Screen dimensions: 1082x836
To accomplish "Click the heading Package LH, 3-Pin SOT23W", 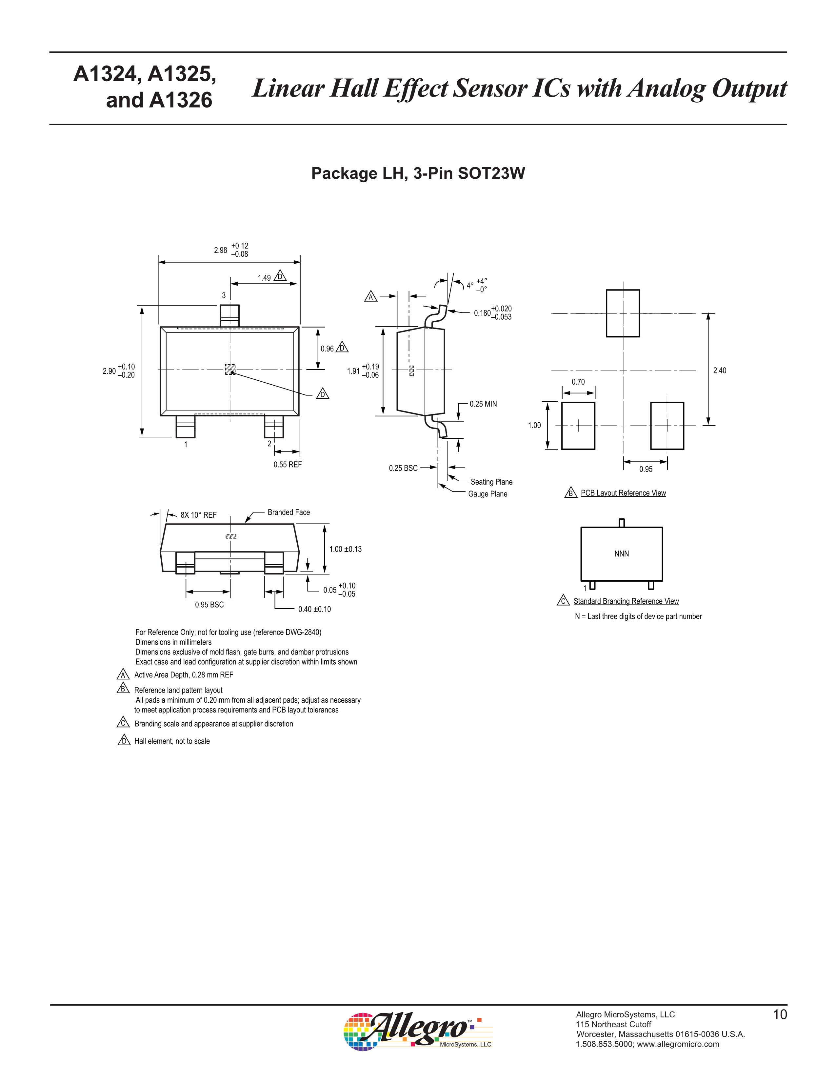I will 417,173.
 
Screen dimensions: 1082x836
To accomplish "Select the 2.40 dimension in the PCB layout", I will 720,371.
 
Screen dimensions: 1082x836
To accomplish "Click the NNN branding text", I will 622,554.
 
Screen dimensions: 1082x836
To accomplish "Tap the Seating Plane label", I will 491,482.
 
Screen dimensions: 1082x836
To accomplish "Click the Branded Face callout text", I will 289,512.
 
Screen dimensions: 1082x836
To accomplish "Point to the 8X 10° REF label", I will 198,515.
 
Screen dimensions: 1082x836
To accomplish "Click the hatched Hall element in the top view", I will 230,369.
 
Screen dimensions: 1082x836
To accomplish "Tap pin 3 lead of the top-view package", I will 229,315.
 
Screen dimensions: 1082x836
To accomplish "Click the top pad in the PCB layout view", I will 623,313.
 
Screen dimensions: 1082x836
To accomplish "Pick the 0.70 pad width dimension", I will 578,382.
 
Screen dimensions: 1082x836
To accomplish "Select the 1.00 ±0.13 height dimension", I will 345,549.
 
